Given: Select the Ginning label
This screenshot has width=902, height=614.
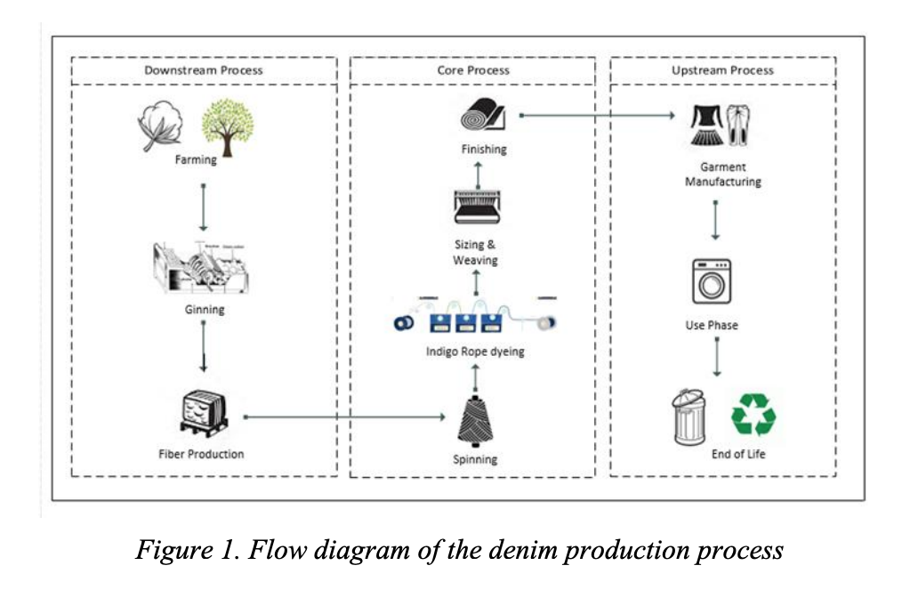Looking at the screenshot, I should point(205,310).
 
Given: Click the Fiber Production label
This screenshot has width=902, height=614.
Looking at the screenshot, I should point(201,454).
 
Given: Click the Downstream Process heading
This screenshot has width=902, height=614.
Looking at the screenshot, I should point(204,70).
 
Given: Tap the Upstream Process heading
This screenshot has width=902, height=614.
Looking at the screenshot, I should point(722,70).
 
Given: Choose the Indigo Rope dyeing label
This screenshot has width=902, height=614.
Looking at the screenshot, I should point(475,351).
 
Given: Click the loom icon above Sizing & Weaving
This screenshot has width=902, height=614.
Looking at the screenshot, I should point(479,206).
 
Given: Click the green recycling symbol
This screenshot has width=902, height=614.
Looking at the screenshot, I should point(753,415).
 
